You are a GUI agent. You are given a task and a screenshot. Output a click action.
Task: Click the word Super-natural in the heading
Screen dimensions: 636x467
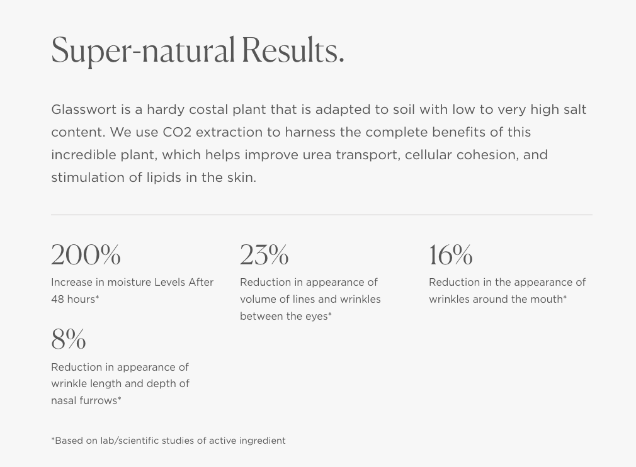[x=143, y=51]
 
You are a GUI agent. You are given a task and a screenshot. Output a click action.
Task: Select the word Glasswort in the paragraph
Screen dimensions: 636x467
[x=84, y=110]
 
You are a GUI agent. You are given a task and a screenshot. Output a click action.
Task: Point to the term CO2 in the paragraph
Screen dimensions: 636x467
[x=177, y=132]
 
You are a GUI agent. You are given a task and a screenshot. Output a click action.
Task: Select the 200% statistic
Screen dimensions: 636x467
[x=86, y=255]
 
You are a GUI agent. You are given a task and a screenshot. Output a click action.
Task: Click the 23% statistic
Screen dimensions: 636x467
[x=264, y=255]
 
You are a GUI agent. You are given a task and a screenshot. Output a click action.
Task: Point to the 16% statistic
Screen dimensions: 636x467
[x=451, y=255]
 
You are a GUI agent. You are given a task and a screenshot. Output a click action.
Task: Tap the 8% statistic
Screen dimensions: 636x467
[x=69, y=339]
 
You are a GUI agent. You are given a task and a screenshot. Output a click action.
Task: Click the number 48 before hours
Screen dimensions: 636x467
[x=57, y=299]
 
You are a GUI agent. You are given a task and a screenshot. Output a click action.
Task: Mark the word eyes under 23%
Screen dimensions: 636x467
[x=316, y=317]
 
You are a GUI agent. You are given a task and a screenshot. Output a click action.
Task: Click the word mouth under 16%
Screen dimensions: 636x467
[x=550, y=299]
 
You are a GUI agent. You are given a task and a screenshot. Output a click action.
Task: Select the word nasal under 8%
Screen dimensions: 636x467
[x=62, y=400]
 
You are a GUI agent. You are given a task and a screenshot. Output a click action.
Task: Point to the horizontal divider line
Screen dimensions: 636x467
[x=322, y=215]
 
